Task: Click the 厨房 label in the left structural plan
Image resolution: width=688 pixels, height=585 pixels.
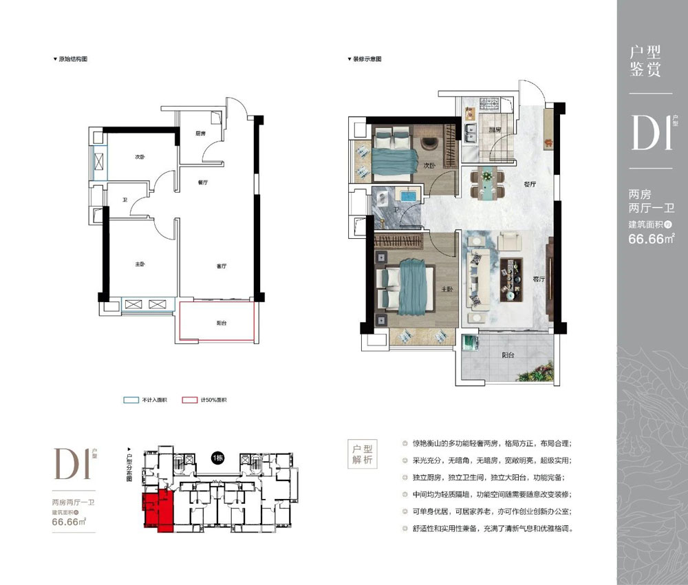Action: point(200,134)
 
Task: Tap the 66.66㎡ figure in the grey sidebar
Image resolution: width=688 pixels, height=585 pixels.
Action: point(650,240)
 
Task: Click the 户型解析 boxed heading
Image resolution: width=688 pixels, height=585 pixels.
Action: point(358,454)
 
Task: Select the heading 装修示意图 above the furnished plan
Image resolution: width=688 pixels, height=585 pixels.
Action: point(367,60)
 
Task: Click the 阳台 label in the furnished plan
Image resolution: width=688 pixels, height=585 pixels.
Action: point(508,356)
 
